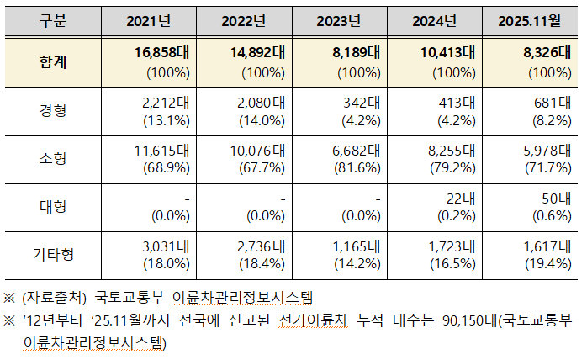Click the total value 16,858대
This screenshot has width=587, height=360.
click(162, 52)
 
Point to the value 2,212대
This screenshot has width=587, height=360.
click(167, 102)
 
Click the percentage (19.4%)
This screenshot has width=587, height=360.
click(550, 264)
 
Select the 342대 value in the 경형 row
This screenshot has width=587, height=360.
click(362, 102)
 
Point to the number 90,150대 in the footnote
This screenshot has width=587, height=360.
click(470, 320)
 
